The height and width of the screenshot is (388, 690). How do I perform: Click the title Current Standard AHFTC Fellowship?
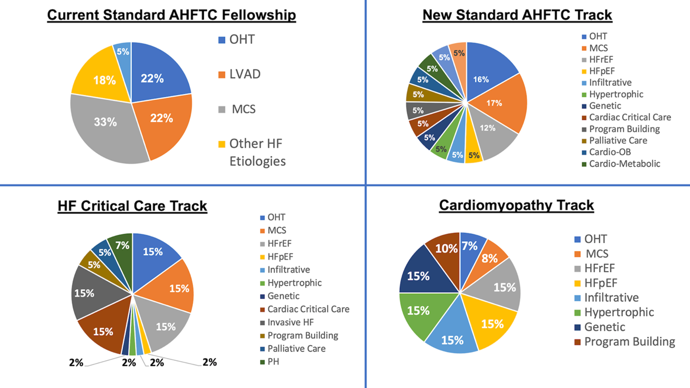[171, 15]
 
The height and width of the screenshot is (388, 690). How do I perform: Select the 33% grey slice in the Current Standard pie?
[106, 123]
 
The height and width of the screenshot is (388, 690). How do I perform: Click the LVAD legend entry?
[244, 74]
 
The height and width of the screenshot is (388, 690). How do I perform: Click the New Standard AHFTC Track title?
[517, 15]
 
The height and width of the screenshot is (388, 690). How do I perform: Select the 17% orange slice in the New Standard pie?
[494, 103]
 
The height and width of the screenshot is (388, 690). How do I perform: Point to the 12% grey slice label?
[487, 128]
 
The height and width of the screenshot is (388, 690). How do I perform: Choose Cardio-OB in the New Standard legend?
[609, 152]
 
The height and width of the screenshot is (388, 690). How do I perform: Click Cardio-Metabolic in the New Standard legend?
[624, 164]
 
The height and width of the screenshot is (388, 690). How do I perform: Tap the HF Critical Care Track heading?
[132, 206]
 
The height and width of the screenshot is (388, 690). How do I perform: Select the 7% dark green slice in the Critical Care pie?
[122, 245]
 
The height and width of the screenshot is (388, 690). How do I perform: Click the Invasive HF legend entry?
[291, 322]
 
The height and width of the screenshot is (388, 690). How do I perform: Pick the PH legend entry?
[273, 361]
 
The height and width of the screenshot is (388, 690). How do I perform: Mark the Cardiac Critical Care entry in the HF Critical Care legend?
[308, 309]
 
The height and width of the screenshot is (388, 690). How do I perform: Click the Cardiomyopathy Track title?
[516, 205]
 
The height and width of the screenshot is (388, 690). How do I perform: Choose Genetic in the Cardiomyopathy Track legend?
[604, 327]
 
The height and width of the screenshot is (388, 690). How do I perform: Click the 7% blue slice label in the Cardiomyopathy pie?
[469, 245]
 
